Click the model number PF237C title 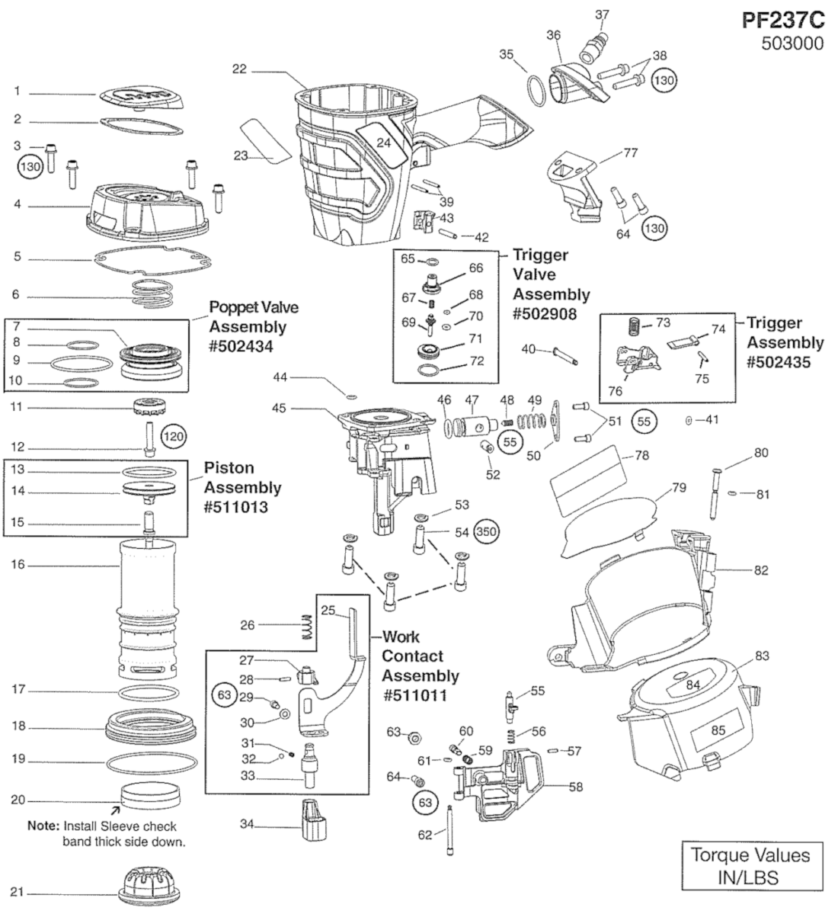click(x=783, y=20)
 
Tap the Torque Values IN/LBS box click(x=750, y=864)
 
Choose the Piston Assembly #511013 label click(x=241, y=487)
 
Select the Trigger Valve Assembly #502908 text click(x=550, y=284)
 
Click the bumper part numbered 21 click(x=151, y=889)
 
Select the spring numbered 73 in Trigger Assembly click(x=632, y=326)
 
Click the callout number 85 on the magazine click(x=718, y=730)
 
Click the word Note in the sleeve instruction click(x=43, y=826)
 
